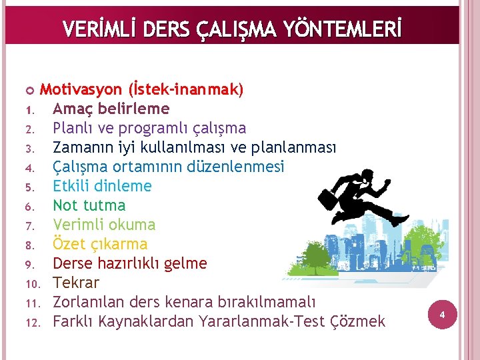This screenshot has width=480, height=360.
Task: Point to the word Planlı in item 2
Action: click(x=73, y=128)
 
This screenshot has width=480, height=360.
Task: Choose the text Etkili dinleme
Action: click(x=102, y=186)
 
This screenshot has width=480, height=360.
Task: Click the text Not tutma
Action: click(x=89, y=205)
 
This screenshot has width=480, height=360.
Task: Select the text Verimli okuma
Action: click(x=104, y=225)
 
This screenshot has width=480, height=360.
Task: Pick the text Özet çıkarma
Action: click(x=100, y=244)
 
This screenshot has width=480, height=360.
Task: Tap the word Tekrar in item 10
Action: click(x=75, y=283)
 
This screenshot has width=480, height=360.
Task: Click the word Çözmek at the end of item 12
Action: click(x=357, y=321)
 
